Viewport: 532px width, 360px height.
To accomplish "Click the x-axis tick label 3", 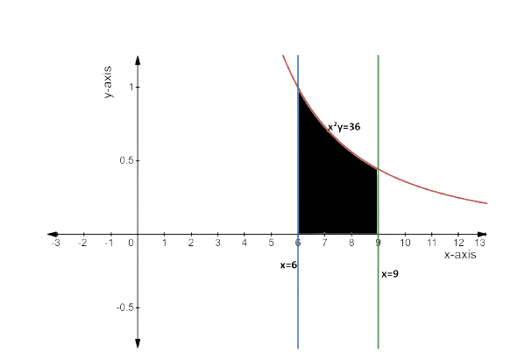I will tap(217, 242).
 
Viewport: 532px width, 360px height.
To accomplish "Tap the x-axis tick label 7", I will tap(325, 242).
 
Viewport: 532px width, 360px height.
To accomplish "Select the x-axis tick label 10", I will tap(405, 242).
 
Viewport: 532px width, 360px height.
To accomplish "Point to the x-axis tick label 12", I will tap(458, 242).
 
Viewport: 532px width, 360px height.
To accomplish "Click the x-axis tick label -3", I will tap(56, 242).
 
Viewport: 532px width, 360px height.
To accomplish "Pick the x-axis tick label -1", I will tap(109, 242).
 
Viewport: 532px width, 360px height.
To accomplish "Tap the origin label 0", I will tap(131, 242).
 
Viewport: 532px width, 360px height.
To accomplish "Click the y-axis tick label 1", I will tap(129, 88).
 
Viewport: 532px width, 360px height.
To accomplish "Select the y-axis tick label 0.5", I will tap(124, 161).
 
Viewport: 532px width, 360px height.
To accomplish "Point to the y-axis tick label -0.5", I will tap(123, 307).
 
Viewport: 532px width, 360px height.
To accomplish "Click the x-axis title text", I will tap(460, 255).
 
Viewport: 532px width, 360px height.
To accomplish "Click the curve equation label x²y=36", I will tap(344, 127).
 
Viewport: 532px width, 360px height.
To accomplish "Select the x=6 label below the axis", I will tap(287, 265).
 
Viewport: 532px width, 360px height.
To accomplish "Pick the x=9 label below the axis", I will tap(390, 274).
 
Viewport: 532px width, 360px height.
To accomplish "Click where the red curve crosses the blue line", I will tap(299, 88).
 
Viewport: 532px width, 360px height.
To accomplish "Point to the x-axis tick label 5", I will tap(272, 242).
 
